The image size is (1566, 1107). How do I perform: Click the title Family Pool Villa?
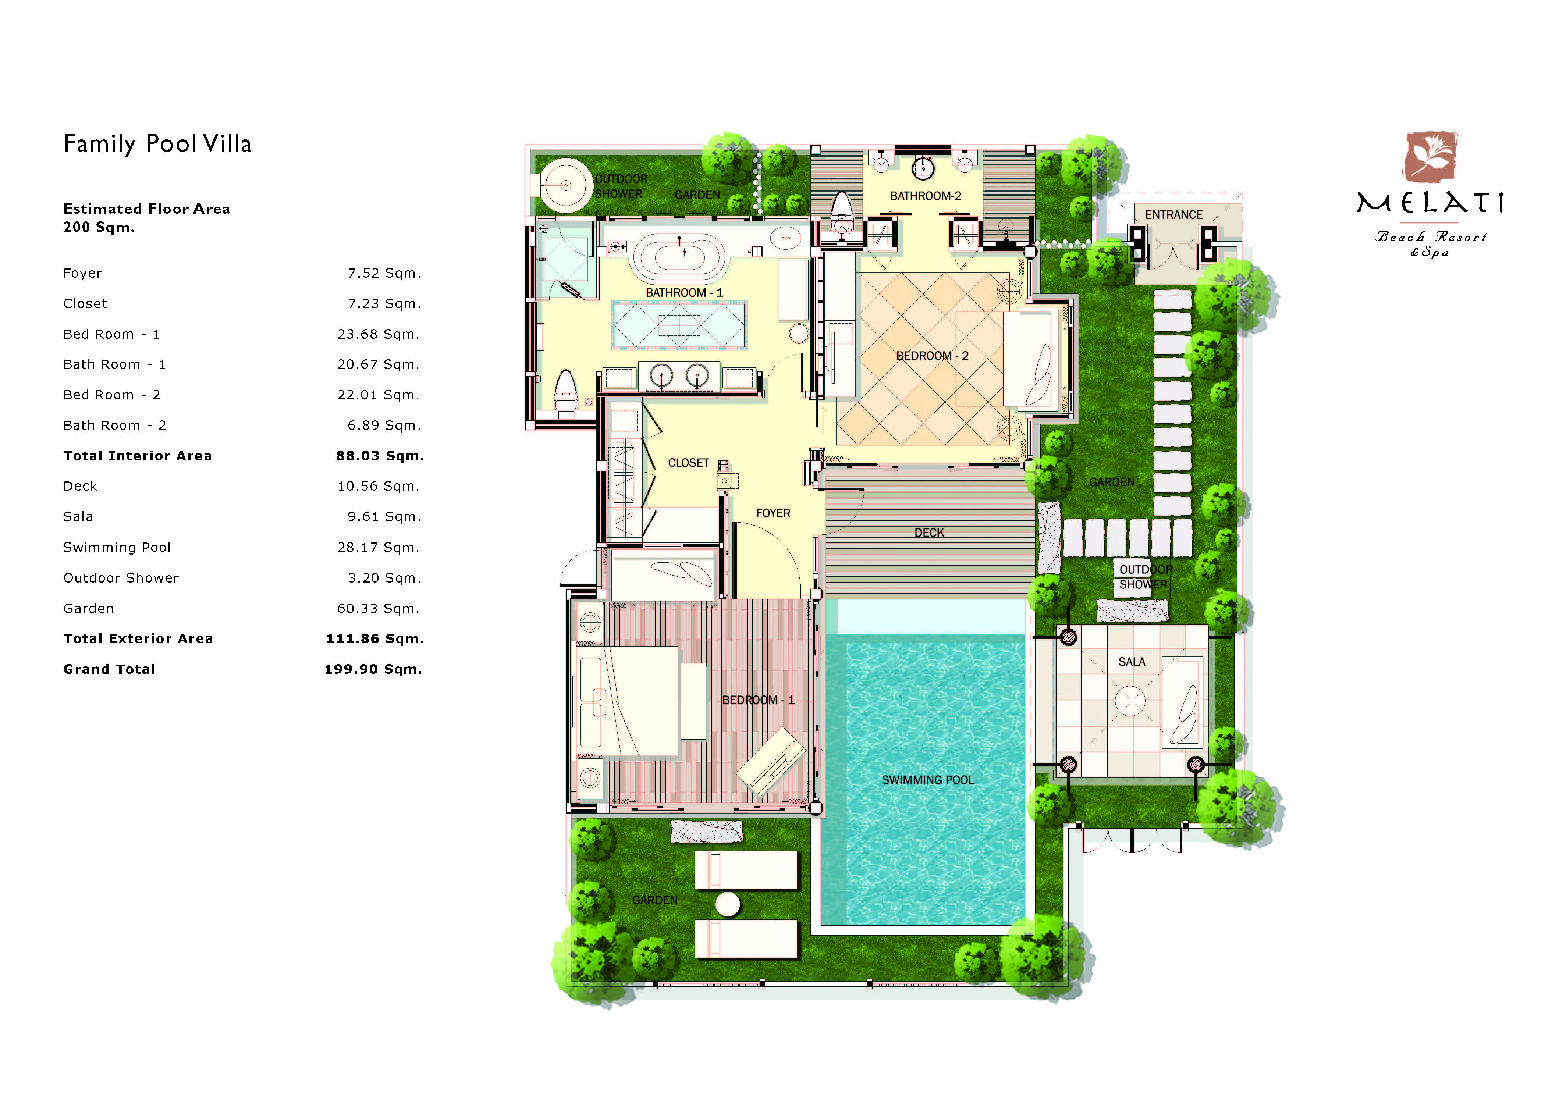[x=157, y=144]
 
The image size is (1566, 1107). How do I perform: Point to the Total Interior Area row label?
[x=138, y=456]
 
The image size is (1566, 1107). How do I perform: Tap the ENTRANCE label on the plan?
[x=1174, y=215]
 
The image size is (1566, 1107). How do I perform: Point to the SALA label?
[x=1132, y=662]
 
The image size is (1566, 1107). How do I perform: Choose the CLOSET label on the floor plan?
[x=688, y=463]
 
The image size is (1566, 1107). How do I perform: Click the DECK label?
[x=929, y=533]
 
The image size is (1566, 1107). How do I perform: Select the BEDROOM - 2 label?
[x=932, y=356]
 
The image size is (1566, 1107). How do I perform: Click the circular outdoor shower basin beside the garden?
[x=565, y=185]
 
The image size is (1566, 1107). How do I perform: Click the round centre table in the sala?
[x=1131, y=701]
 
